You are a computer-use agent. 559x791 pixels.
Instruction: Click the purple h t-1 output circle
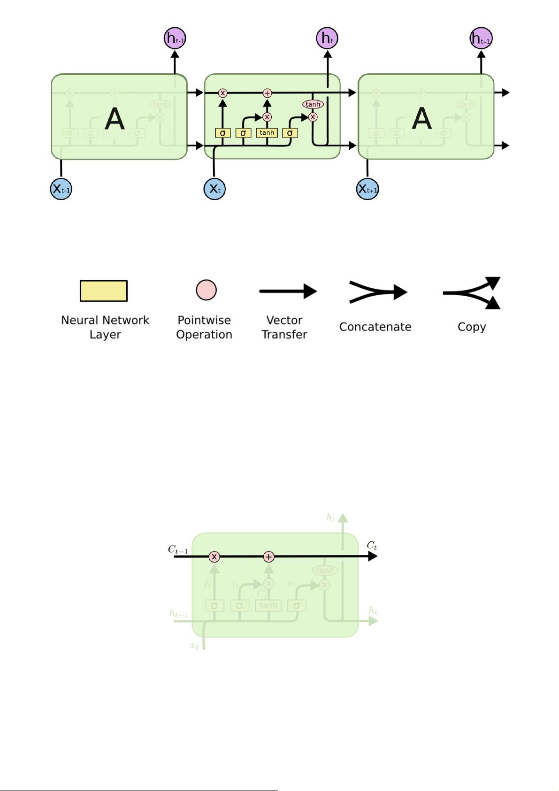point(175,38)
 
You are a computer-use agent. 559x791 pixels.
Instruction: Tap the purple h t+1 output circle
point(481,38)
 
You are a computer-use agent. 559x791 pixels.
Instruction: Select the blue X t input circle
point(214,189)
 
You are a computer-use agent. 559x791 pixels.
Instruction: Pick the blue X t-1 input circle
point(61,189)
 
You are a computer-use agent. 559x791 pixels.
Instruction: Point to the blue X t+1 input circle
point(368,189)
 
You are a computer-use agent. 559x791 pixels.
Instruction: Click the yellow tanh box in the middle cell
point(267,133)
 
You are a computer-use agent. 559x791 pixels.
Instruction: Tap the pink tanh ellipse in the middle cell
point(313,104)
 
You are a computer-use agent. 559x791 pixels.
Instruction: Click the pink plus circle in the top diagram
point(267,93)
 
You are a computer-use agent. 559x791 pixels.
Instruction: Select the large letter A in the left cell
point(115,119)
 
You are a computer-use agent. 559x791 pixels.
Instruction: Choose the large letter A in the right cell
point(421,119)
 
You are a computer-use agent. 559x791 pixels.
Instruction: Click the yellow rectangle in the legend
point(104,291)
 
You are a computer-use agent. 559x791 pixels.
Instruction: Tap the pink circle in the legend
point(206,290)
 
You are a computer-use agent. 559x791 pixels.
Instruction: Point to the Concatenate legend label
point(375,327)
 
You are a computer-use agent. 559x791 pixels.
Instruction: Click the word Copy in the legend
point(472,327)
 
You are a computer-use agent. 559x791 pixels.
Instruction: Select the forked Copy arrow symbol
point(472,293)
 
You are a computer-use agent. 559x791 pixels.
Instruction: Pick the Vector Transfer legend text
point(284,327)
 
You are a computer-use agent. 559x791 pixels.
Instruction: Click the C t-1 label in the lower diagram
point(178,550)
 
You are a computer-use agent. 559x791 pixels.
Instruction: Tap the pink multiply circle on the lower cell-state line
point(214,557)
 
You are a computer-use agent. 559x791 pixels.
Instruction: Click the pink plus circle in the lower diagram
point(268,557)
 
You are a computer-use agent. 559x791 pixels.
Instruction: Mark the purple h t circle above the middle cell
point(328,38)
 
